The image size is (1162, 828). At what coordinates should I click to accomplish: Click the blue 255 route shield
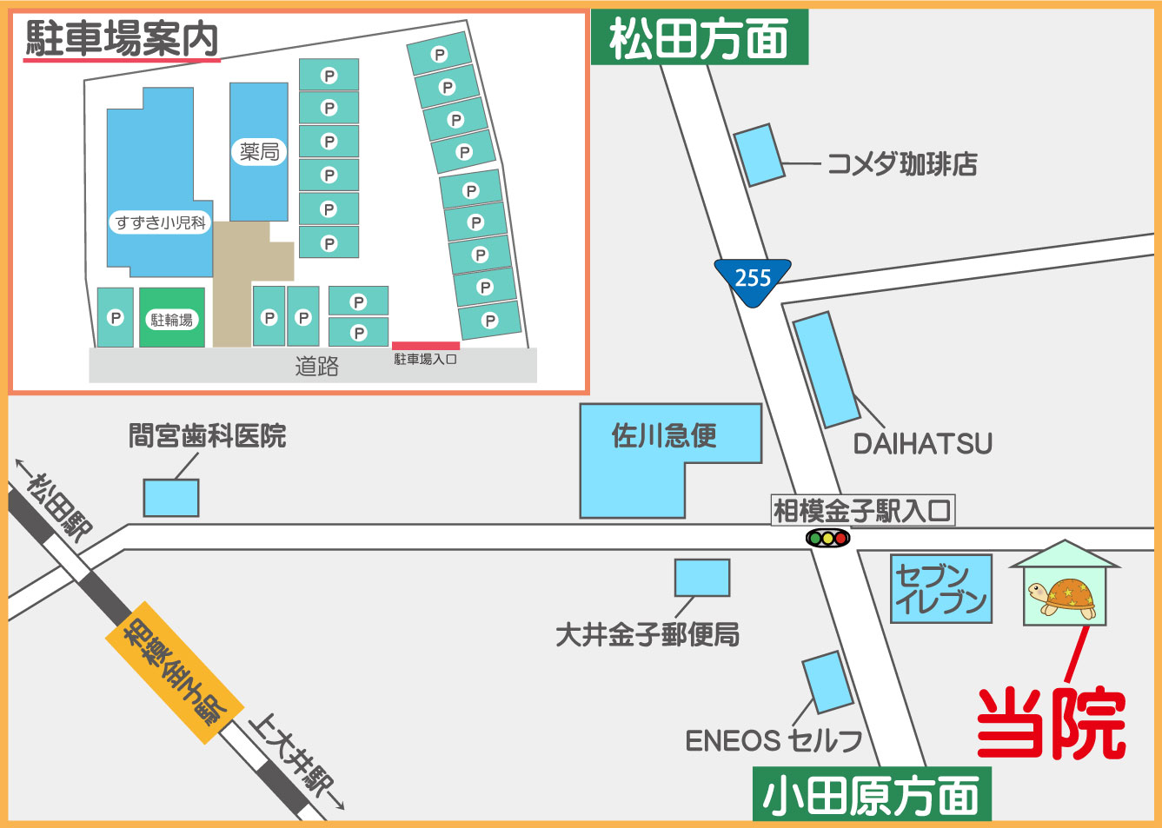753,280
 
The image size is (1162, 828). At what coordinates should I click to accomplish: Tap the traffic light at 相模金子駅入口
827,538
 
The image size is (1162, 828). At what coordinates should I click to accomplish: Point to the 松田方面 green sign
699,38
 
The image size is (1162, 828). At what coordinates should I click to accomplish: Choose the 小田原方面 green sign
871,796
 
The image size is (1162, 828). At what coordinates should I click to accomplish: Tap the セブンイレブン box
941,589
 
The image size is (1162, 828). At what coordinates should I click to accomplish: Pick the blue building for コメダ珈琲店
759,155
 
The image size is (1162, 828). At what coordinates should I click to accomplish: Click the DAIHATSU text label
922,444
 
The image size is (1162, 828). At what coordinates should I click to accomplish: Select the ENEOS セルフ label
774,740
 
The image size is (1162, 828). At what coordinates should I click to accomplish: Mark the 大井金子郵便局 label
647,635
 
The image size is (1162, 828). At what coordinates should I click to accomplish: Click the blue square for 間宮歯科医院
171,498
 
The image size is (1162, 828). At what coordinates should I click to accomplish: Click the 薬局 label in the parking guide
259,152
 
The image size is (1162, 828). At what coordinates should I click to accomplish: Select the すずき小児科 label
161,222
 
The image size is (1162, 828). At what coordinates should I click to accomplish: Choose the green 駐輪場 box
172,318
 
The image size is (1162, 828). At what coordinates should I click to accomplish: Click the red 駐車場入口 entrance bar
425,346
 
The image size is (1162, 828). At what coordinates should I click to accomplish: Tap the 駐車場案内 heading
122,38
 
